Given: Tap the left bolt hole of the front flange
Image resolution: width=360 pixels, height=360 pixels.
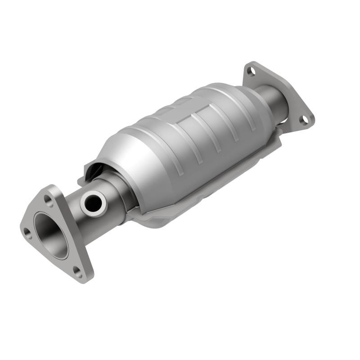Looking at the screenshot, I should pyautogui.click(x=27, y=232).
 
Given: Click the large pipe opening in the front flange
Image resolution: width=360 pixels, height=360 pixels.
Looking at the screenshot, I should pyautogui.click(x=51, y=235).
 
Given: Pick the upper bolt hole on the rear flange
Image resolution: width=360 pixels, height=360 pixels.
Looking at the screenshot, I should pyautogui.click(x=251, y=71).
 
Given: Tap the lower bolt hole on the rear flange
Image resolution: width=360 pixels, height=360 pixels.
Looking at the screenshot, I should pyautogui.click(x=305, y=119).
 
